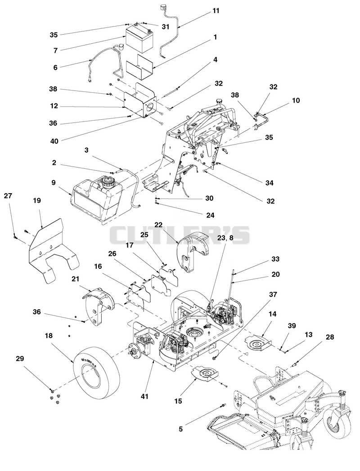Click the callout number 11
tap(216, 11)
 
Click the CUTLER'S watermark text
tap(179, 235)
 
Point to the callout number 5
tap(180, 429)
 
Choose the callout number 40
tap(54, 141)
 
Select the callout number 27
tap(8, 196)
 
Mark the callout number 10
tap(296, 100)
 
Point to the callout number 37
tap(273, 294)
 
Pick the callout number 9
tap(54, 182)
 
